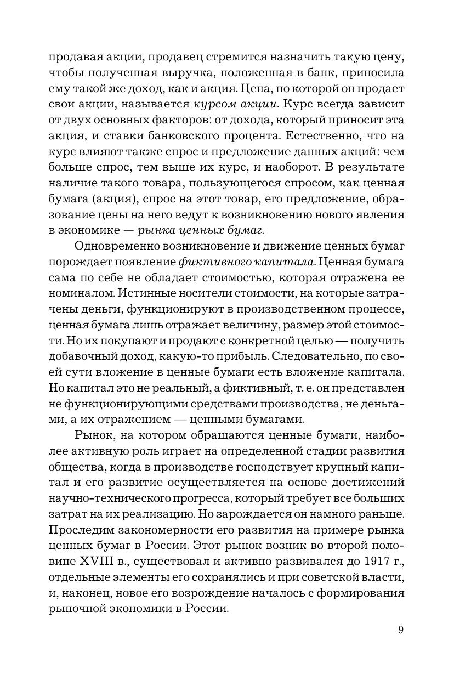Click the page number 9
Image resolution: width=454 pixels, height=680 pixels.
(401, 630)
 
